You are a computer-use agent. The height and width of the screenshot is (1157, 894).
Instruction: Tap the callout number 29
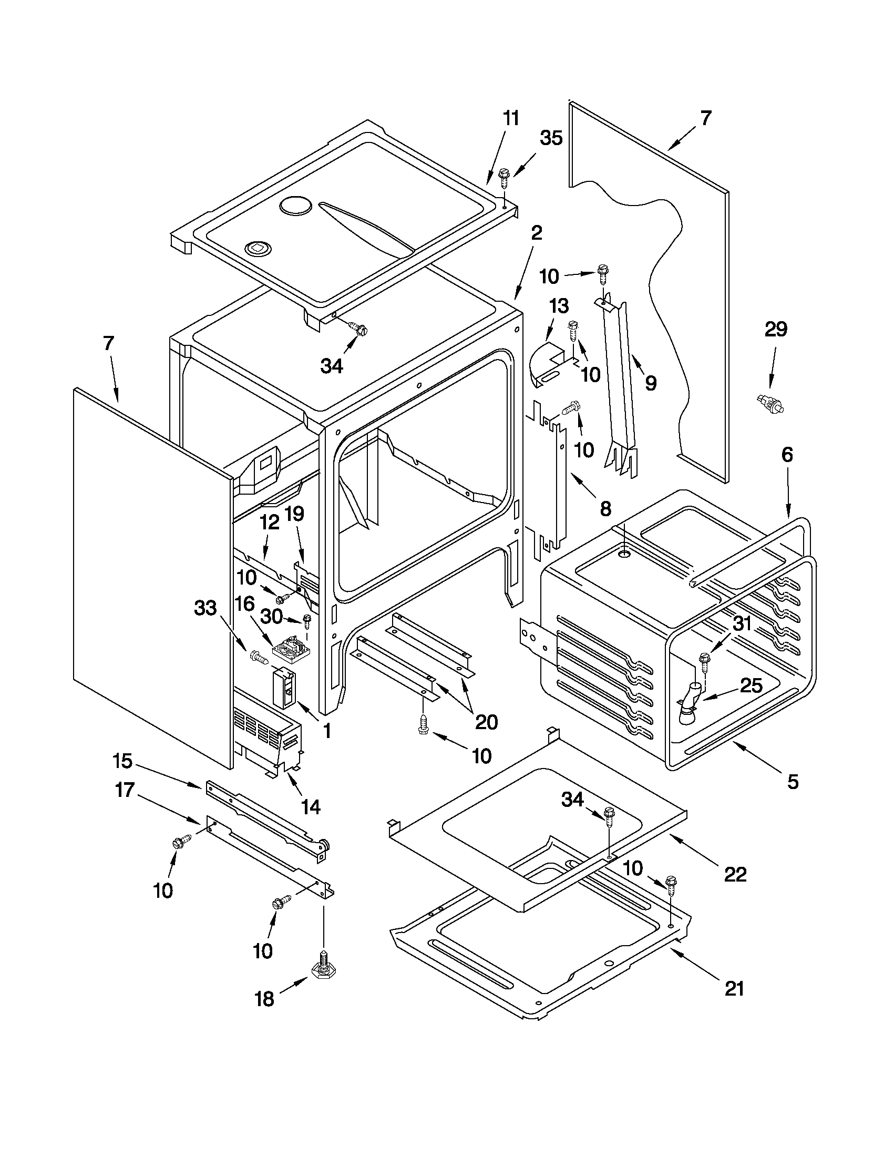click(x=776, y=330)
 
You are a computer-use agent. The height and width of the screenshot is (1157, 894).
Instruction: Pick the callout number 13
click(x=559, y=305)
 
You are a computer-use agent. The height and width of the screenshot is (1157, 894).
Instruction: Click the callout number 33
click(x=205, y=608)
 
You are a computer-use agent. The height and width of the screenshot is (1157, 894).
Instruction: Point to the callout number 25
click(x=751, y=685)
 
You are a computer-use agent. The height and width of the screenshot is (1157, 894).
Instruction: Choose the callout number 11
click(x=510, y=119)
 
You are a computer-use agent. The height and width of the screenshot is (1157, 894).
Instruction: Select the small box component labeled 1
click(x=284, y=688)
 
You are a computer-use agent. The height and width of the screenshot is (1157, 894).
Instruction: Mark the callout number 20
click(x=486, y=722)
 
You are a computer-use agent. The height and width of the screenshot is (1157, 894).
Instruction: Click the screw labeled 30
click(x=306, y=620)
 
